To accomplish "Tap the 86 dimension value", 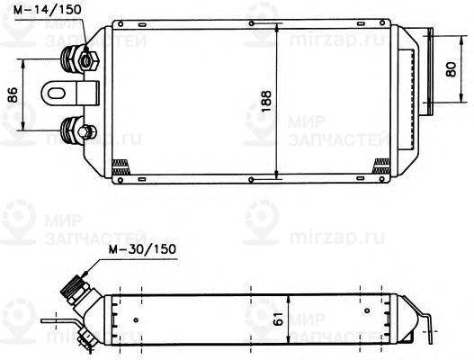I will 12,94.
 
